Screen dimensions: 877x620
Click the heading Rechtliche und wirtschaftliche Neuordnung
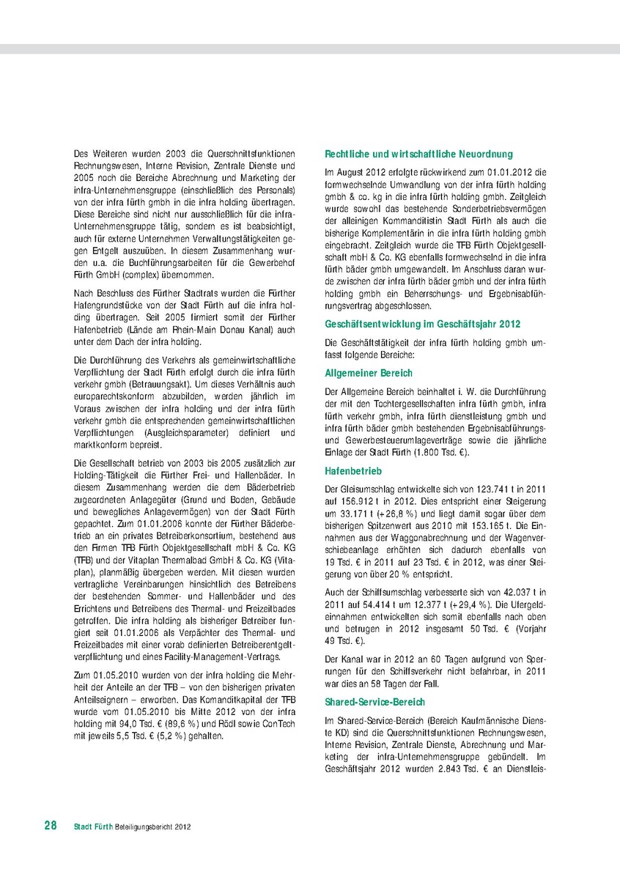(418, 155)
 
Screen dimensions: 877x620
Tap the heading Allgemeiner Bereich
(369, 373)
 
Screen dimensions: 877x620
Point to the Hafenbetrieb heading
(353, 471)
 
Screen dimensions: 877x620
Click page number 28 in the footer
(51, 826)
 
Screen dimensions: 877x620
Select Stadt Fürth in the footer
(93, 826)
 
